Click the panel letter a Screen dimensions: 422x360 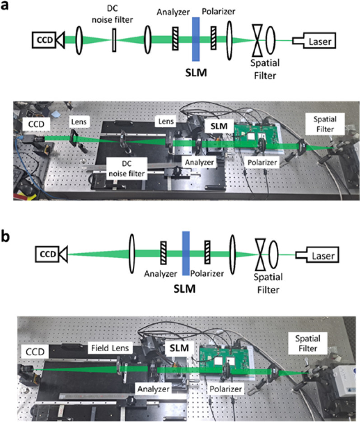7,8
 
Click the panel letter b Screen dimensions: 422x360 8,237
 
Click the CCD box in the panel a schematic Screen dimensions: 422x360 46,41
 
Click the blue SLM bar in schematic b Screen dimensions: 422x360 185,253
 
